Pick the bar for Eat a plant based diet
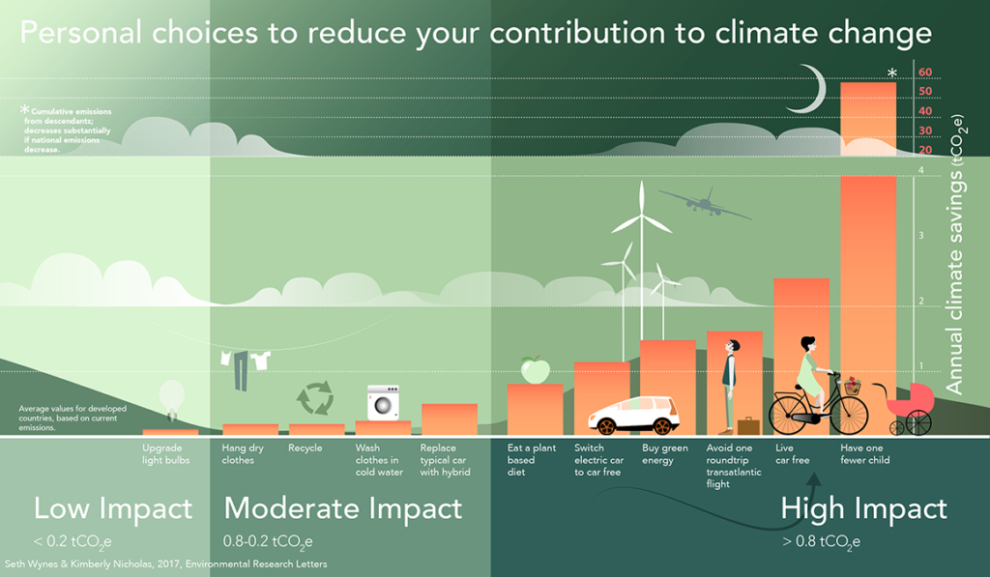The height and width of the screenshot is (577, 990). tap(535, 411)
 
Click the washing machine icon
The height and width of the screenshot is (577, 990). tap(383, 402)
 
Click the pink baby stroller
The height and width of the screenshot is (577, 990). tap(912, 406)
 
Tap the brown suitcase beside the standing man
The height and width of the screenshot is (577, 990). tap(747, 425)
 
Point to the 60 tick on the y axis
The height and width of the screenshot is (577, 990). tap(925, 72)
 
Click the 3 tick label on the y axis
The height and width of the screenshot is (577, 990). tap(920, 236)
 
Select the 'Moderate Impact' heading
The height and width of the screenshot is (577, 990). tap(343, 507)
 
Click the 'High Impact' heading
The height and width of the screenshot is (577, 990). tap(863, 508)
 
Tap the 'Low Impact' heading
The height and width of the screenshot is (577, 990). tap(113, 507)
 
